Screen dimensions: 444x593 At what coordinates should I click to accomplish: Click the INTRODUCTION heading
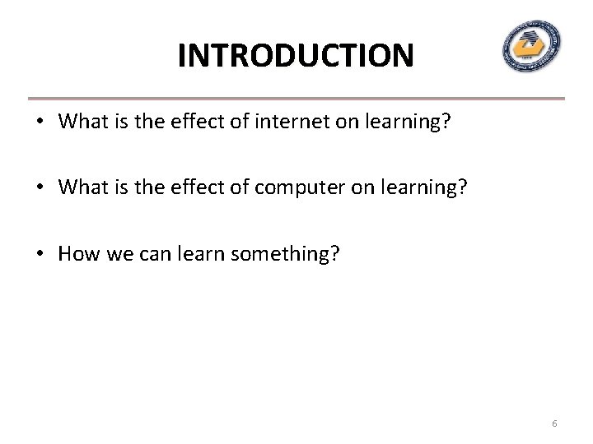[296, 56]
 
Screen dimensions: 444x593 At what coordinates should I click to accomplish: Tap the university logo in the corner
[531, 46]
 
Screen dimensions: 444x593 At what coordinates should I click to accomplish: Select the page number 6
[554, 423]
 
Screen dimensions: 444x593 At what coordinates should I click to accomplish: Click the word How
[77, 254]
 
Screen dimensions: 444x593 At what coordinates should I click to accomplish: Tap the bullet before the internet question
[39, 123]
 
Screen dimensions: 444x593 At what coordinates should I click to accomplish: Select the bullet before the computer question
[39, 188]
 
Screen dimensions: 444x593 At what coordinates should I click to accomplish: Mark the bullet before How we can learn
[39, 254]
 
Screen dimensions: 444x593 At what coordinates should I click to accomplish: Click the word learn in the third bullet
[202, 254]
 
